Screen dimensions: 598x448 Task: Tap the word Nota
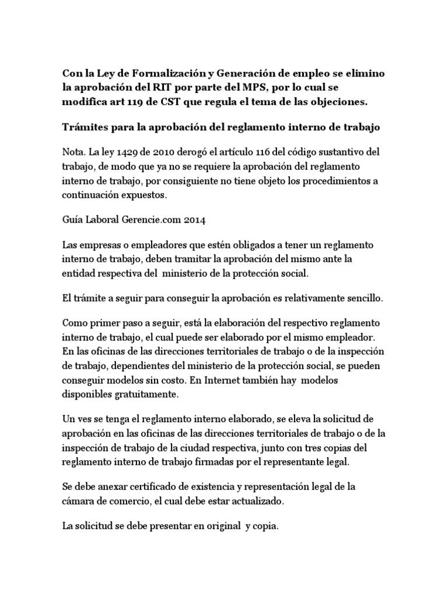(74, 152)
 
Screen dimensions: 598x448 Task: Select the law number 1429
(125, 152)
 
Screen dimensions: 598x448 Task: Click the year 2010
(160, 152)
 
